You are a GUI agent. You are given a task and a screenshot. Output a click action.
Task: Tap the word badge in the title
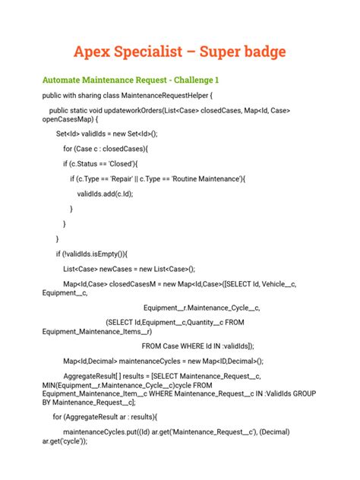[x=261, y=52]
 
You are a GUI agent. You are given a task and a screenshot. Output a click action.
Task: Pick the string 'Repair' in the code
[x=130, y=178]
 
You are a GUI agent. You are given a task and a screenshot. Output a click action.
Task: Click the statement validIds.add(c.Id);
[x=105, y=194]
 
